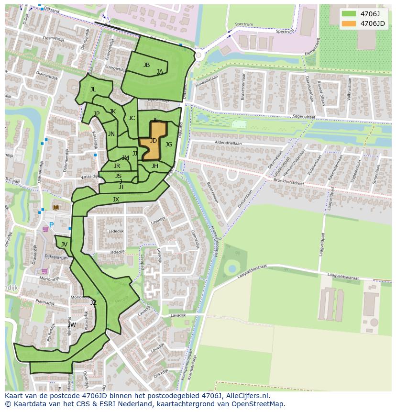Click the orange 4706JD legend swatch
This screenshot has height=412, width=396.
(349, 23)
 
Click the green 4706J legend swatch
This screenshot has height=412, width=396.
(349, 13)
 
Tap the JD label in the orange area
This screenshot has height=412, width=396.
(153, 141)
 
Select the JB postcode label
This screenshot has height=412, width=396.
(146, 65)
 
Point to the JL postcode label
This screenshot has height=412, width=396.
(93, 89)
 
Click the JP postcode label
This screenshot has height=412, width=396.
(97, 114)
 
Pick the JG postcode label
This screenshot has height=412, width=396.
(169, 145)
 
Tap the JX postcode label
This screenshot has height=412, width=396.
(116, 200)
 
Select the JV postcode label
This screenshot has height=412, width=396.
(64, 245)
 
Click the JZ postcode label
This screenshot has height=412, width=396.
(93, 303)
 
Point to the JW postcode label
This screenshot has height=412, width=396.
(72, 325)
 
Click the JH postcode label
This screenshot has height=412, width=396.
(154, 166)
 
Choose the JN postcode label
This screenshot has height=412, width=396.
(111, 134)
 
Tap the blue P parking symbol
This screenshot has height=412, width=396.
(52, 225)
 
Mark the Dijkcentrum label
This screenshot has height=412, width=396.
(56, 257)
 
